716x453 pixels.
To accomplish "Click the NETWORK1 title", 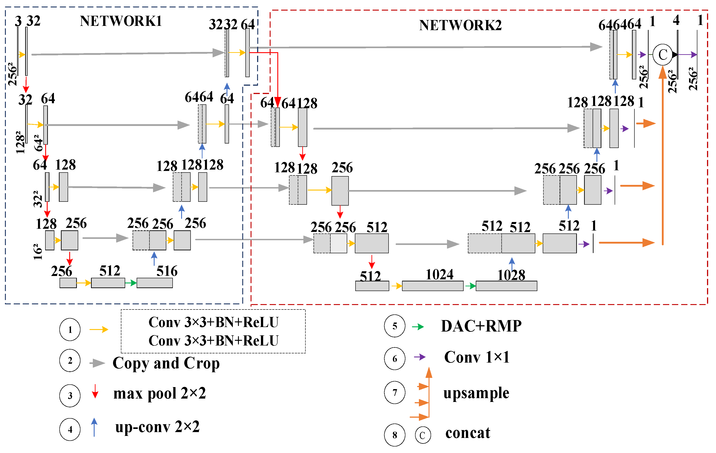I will (x=121, y=21).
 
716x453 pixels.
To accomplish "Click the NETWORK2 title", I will (x=460, y=25).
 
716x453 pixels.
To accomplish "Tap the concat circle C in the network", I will (x=663, y=54).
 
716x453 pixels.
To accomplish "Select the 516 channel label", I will (x=167, y=271).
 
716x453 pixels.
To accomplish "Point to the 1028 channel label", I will (x=511, y=275).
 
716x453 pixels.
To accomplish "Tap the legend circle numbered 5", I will (x=395, y=326).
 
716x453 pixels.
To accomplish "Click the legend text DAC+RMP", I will (x=481, y=326).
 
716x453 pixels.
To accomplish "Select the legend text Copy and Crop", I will (x=166, y=363).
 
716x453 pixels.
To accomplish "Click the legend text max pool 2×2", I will (x=160, y=393).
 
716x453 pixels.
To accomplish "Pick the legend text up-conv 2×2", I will (x=157, y=427).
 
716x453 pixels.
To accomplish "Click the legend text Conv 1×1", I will (x=477, y=357).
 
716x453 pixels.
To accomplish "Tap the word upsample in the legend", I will (x=476, y=393).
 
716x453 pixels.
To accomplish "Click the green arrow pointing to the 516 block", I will (x=131, y=283).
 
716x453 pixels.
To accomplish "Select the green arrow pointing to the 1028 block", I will (x=470, y=286).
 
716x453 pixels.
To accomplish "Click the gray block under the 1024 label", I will (x=433, y=286).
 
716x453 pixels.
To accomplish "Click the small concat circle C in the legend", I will (x=422, y=435).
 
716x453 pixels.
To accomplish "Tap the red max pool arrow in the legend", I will (x=95, y=391).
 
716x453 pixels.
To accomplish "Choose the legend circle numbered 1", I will (x=70, y=330).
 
